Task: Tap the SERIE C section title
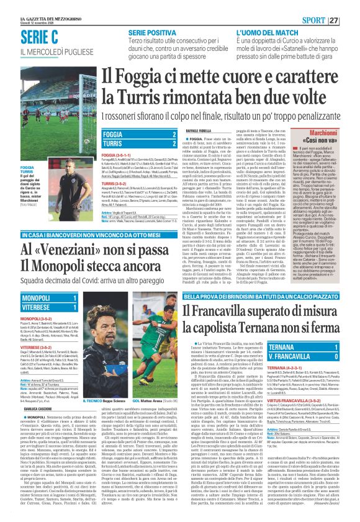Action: (x=39, y=37)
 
